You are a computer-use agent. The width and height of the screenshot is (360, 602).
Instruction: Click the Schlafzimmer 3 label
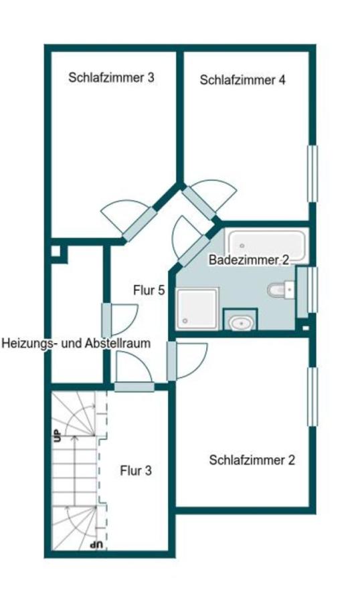[x=111, y=77]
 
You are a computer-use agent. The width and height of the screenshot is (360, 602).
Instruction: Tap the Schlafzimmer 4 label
[x=242, y=80]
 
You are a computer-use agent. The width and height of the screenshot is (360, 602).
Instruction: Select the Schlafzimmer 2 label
[x=252, y=460]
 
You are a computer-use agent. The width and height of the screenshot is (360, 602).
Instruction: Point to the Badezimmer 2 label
[x=248, y=260]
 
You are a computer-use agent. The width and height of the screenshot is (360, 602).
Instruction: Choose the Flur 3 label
[x=135, y=470]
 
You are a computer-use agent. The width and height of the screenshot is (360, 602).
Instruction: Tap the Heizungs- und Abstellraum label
[x=76, y=343]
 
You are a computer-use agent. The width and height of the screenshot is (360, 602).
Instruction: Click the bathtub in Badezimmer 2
[x=266, y=245]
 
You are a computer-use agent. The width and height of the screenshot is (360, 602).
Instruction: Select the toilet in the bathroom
[x=278, y=290]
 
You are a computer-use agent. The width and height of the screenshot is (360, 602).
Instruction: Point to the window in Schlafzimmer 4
[x=311, y=173]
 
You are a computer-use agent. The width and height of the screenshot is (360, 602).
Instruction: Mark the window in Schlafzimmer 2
[x=311, y=396]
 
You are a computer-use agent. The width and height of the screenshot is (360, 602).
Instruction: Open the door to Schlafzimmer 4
[x=199, y=201]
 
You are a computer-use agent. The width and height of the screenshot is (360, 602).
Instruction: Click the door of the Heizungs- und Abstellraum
[x=106, y=320]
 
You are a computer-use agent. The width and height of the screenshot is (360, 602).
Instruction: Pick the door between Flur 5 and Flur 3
[x=134, y=386]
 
